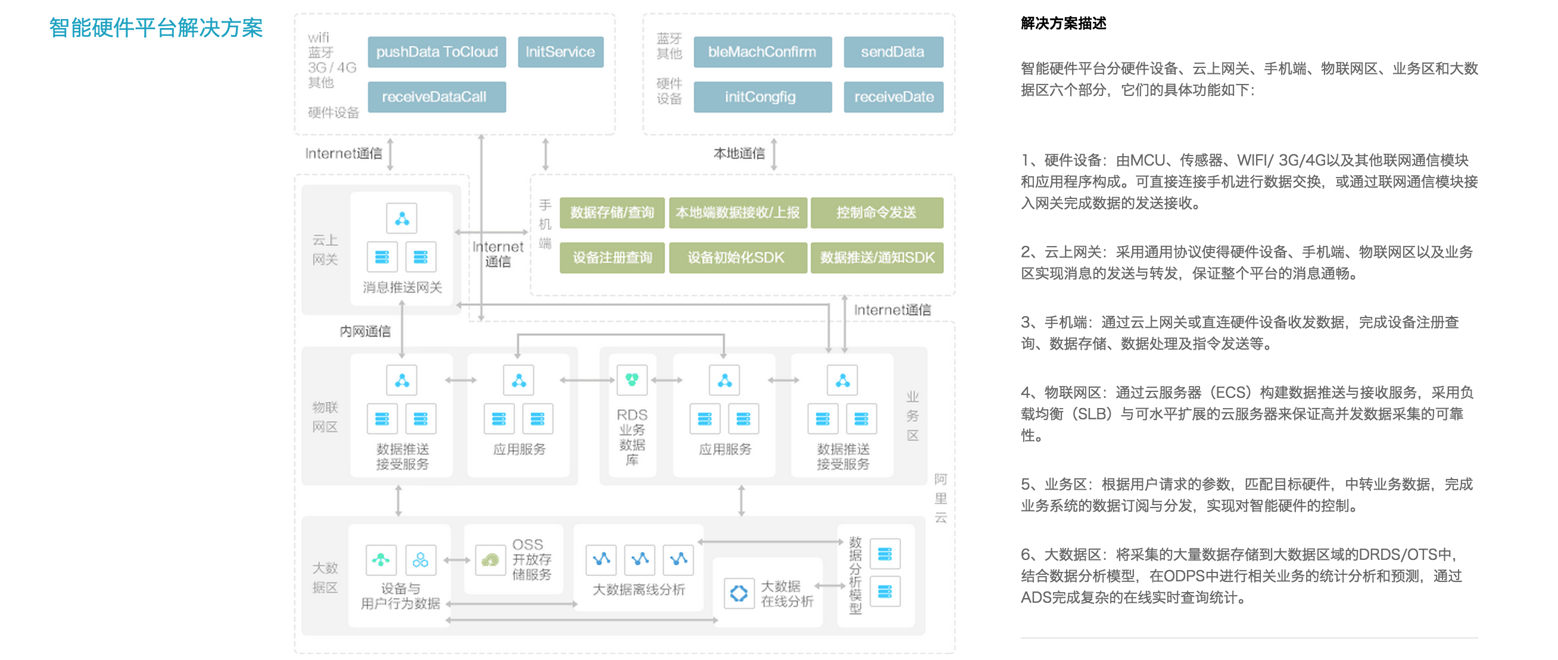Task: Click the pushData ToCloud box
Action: point(437,52)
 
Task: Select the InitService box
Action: point(560,52)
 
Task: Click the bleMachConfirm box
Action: point(762,52)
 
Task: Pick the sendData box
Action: point(893,52)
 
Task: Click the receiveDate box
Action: point(893,96)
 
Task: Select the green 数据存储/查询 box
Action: point(612,212)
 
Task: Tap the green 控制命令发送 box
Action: point(877,212)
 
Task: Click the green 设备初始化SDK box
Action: point(737,258)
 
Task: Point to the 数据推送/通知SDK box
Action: point(877,258)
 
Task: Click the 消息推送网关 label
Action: point(402,287)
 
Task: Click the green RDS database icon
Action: point(631,380)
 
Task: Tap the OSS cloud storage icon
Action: point(490,560)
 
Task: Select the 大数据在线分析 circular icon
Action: point(739,593)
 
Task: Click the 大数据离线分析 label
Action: point(638,589)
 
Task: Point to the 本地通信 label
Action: point(739,154)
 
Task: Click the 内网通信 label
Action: point(364,331)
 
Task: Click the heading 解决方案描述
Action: point(1063,24)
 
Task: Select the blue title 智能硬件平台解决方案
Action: point(156,28)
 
